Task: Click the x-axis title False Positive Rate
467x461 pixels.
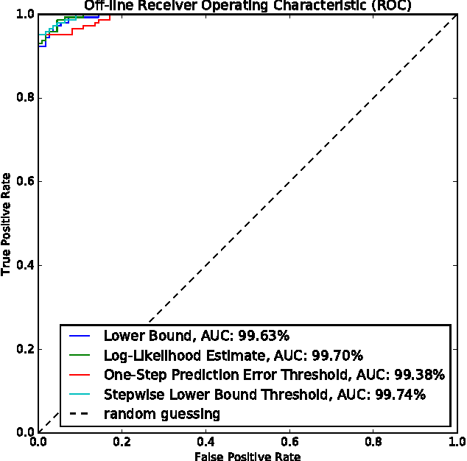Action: tap(247, 456)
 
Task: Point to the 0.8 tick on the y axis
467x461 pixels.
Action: tap(24, 98)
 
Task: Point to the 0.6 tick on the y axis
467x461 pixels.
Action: tap(24, 182)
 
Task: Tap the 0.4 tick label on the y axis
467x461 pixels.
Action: tap(24, 265)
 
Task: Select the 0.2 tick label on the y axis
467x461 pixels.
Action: tap(24, 349)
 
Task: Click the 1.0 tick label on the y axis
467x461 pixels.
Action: tap(24, 14)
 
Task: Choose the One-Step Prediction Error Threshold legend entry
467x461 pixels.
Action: tap(274, 376)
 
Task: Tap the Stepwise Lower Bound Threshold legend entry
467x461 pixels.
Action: tap(264, 395)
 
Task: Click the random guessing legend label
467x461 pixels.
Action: tap(161, 414)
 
